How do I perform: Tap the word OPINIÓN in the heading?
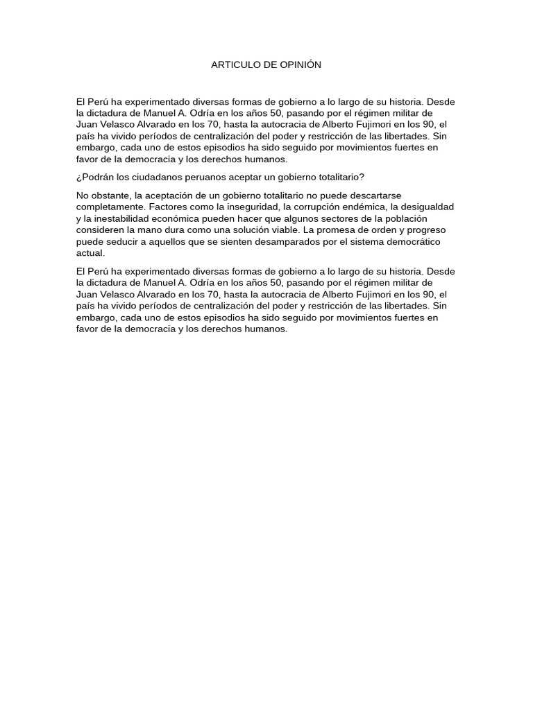[x=300, y=64]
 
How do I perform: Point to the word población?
[x=406, y=218]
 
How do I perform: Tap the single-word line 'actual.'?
[x=90, y=253]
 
